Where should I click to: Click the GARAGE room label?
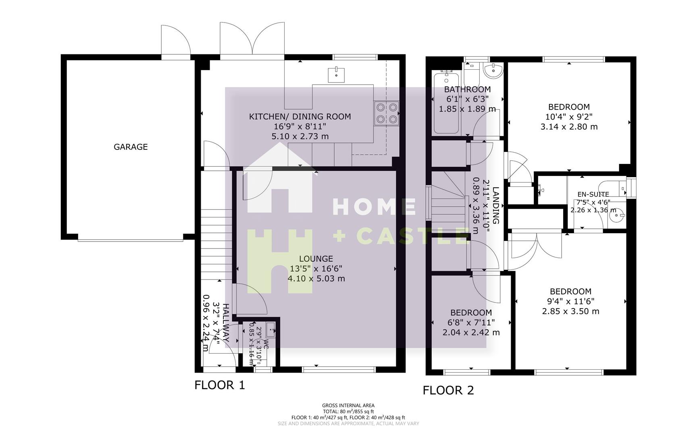(x=131, y=147)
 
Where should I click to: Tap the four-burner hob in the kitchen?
(x=386, y=113)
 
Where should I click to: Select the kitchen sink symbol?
(x=336, y=75)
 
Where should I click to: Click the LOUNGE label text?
(x=316, y=259)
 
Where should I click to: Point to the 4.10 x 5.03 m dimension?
(x=316, y=279)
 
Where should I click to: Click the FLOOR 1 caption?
(x=220, y=385)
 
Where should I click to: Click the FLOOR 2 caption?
(x=448, y=390)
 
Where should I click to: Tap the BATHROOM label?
(x=467, y=89)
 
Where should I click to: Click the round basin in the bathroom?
(x=493, y=70)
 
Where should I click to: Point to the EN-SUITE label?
(x=593, y=195)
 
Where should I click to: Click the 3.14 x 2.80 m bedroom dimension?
(x=569, y=127)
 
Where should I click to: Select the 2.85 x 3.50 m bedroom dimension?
(x=570, y=311)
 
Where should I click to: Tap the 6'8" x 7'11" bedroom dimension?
(x=471, y=323)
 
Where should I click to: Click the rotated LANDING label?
(x=496, y=205)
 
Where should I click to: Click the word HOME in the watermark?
(x=374, y=207)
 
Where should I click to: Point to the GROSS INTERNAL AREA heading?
(x=348, y=406)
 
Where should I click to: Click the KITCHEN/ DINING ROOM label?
(x=300, y=117)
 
